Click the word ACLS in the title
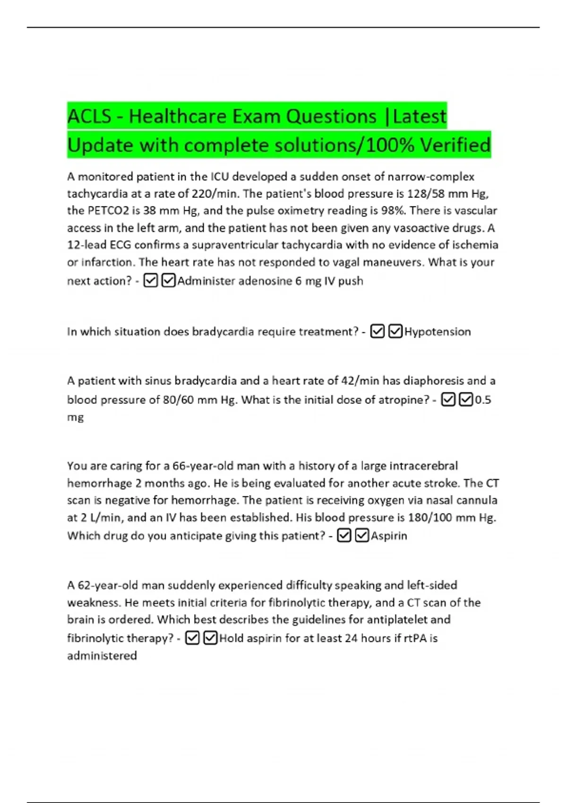(x=89, y=116)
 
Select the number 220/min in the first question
(x=215, y=194)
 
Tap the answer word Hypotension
(x=438, y=332)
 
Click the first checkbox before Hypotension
(x=377, y=332)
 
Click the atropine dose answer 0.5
(x=483, y=400)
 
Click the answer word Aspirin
(x=389, y=536)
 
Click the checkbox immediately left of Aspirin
(x=361, y=536)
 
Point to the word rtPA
(x=415, y=639)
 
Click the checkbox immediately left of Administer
(x=168, y=281)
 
